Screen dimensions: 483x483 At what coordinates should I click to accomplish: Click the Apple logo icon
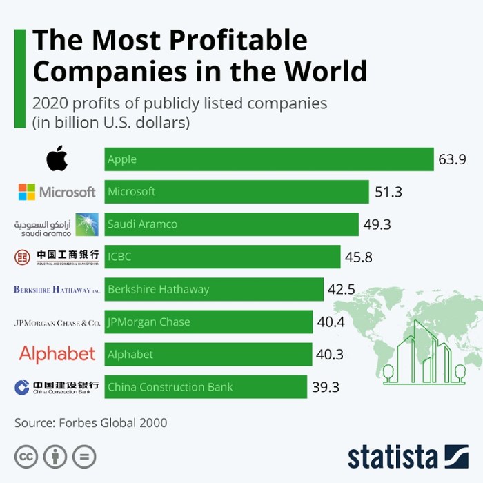tap(57, 159)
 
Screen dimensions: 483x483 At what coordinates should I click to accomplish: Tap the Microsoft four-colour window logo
tap(27, 192)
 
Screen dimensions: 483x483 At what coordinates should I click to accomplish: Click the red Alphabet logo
tap(57, 354)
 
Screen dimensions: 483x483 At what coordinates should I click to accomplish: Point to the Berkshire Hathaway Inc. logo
tap(57, 290)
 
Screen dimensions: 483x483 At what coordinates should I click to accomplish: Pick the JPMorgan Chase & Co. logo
tap(57, 322)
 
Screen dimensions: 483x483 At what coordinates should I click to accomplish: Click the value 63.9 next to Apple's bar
tap(452, 159)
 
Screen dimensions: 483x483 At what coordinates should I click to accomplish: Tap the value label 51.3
tap(388, 192)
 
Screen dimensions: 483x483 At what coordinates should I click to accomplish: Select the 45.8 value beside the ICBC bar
tap(359, 257)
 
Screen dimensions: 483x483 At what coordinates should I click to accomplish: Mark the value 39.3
tap(326, 387)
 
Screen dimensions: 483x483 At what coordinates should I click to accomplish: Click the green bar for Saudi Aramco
tap(231, 224)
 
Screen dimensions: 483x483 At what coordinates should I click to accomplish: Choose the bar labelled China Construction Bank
tap(206, 387)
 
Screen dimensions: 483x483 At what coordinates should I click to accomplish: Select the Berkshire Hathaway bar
tap(214, 290)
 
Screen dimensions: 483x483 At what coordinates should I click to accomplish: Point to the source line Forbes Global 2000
tap(91, 422)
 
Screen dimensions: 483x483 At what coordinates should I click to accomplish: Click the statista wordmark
tap(393, 457)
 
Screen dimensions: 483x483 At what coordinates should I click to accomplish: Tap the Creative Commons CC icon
tap(26, 456)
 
